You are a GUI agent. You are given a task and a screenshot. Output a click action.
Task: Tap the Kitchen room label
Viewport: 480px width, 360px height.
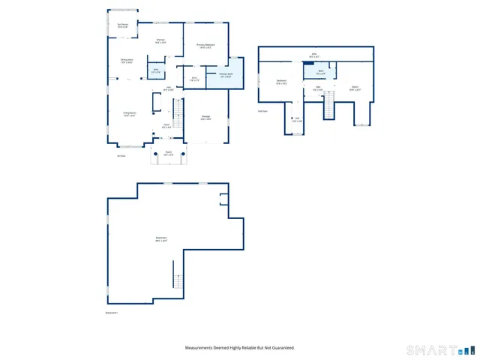(160, 41)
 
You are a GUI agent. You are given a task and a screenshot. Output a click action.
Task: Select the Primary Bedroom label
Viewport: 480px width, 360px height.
(205, 46)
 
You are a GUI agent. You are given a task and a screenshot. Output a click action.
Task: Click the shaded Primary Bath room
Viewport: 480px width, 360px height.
(227, 74)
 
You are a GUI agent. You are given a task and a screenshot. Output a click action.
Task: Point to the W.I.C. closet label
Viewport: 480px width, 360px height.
(194, 79)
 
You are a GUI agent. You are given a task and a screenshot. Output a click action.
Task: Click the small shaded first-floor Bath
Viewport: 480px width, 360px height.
(156, 70)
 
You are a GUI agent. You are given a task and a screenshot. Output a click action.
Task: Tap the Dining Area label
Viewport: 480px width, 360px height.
(127, 61)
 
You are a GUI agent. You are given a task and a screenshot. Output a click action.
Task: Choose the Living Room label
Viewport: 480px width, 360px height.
(130, 115)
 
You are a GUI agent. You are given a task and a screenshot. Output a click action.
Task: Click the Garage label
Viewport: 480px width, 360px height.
(205, 118)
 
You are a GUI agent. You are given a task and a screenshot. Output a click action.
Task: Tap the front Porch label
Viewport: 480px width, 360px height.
(169, 154)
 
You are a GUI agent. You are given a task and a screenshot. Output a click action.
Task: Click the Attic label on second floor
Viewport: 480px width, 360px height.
(314, 55)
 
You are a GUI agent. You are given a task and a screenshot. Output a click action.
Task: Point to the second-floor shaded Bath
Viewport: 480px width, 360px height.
(320, 72)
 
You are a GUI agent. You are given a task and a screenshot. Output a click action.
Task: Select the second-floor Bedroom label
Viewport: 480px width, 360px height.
(281, 82)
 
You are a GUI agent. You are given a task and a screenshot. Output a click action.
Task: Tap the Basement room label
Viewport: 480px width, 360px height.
(160, 239)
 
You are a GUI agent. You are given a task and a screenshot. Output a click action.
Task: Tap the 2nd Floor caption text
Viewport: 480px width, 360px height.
(262, 111)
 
